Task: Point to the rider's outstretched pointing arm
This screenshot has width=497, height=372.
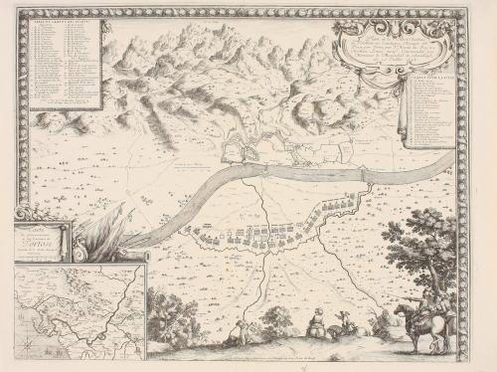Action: (x=403, y=298)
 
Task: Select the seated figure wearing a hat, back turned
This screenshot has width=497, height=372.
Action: (x=316, y=320)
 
